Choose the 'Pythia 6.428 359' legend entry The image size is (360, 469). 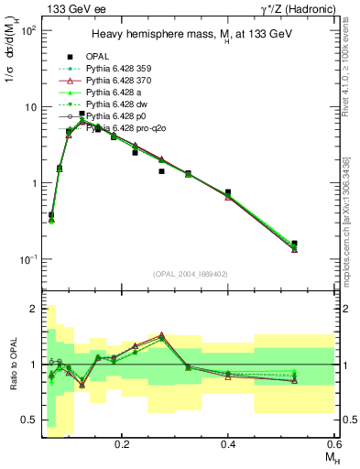point(120,69)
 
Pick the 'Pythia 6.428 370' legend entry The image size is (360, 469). point(120,81)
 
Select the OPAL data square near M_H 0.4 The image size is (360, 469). point(228,192)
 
